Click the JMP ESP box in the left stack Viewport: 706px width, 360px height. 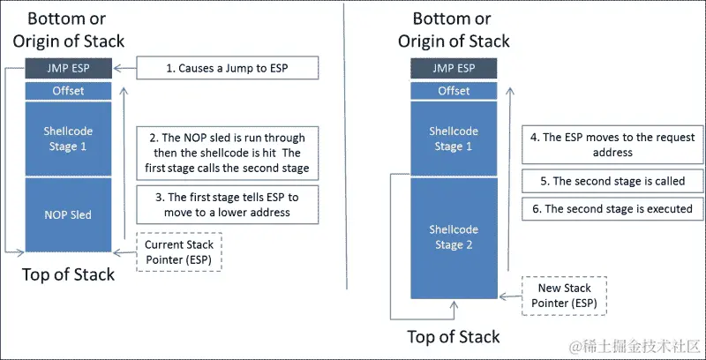pos(67,68)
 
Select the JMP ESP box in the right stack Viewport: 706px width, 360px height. pos(454,68)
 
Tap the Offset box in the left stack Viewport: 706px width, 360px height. pos(67,90)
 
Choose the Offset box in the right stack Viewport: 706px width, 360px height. pos(454,90)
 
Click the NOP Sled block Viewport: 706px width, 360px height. pos(67,214)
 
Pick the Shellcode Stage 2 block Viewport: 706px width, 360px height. pos(454,236)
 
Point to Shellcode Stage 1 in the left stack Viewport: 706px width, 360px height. pos(67,139)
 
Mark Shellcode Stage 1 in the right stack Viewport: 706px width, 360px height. pos(454,139)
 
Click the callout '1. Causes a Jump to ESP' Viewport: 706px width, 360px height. pos(226,68)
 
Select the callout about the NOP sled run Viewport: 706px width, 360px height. pos(226,152)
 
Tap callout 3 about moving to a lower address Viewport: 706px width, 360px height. pos(226,206)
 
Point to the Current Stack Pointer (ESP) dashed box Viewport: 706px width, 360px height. pos(181,251)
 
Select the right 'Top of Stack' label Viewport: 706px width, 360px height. pos(454,336)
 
